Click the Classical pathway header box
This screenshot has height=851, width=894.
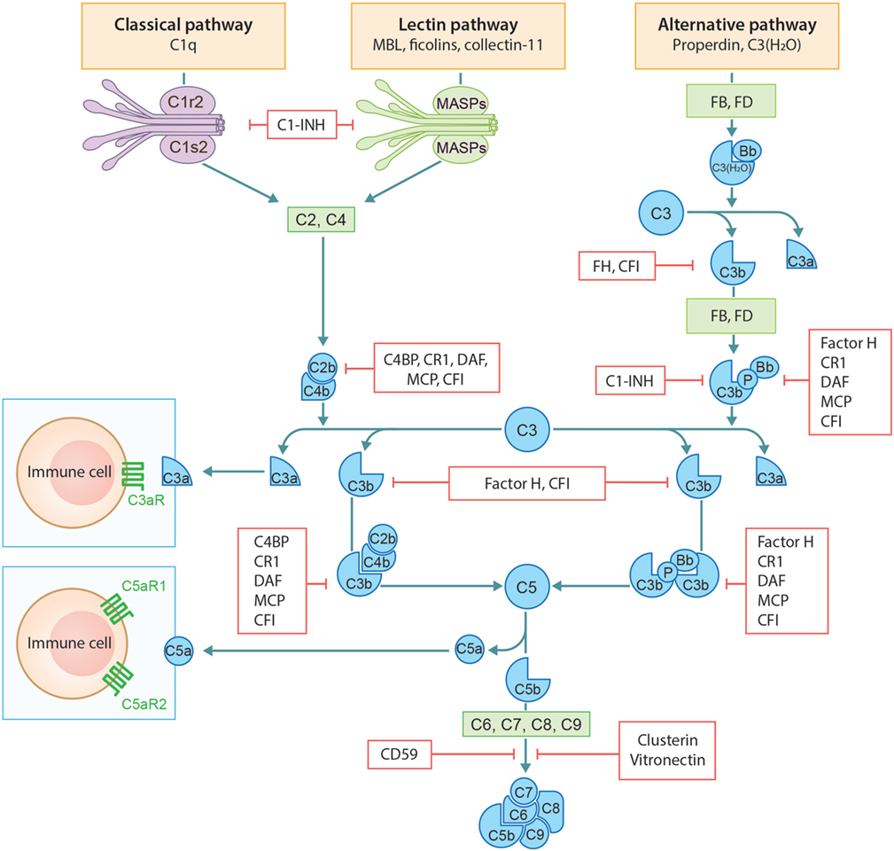183,35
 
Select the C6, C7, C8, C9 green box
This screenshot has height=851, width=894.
527,723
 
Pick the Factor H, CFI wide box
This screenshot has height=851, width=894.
528,483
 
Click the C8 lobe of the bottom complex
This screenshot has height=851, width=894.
548,807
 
